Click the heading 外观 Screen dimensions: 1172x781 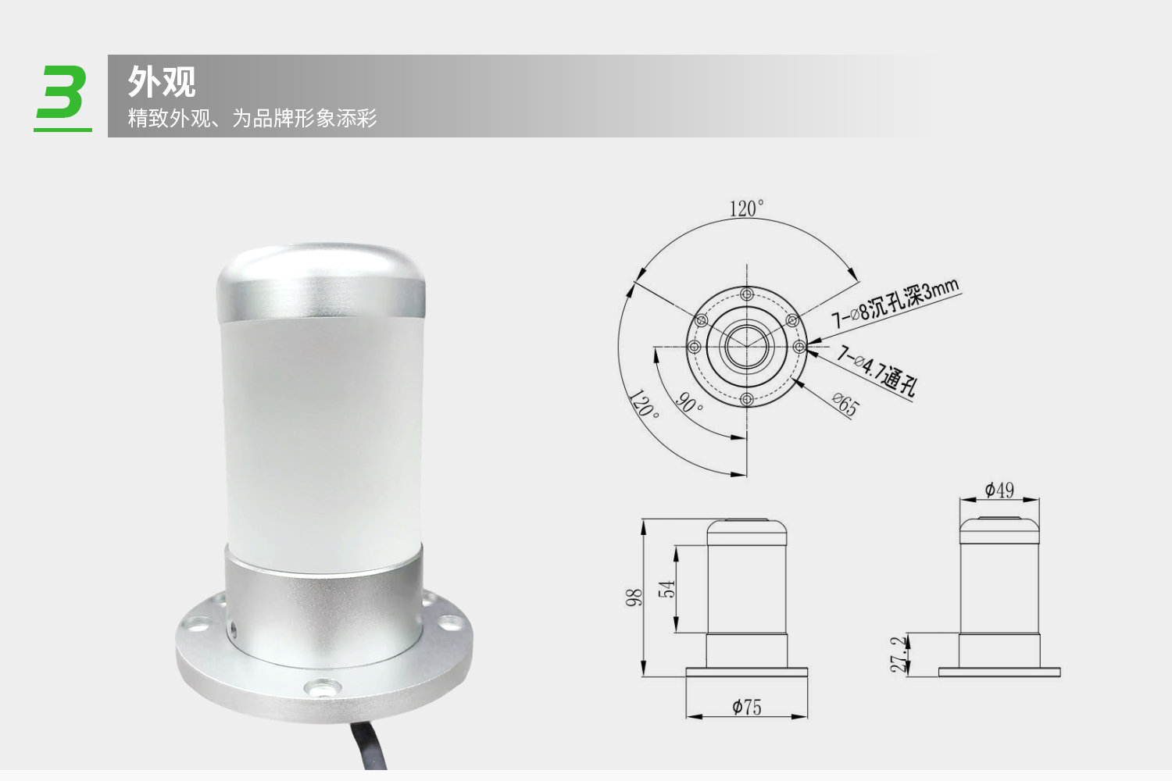tap(162, 81)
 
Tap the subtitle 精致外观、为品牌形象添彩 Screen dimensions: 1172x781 tap(252, 118)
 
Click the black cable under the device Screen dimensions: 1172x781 tap(369, 744)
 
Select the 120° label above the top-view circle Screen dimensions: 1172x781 tap(746, 209)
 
